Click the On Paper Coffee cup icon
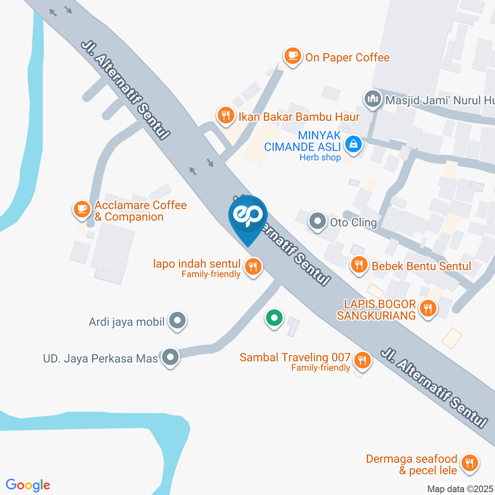(292, 56)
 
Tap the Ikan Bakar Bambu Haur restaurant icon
(225, 115)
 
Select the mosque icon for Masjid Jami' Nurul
(372, 98)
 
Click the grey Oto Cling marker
(317, 222)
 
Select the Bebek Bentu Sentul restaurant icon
(358, 265)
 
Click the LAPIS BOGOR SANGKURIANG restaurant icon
(427, 309)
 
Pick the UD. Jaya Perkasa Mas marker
(170, 357)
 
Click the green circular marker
(274, 318)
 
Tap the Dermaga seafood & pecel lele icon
(469, 463)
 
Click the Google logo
(28, 485)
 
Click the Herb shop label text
(320, 157)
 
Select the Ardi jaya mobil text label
(126, 322)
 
